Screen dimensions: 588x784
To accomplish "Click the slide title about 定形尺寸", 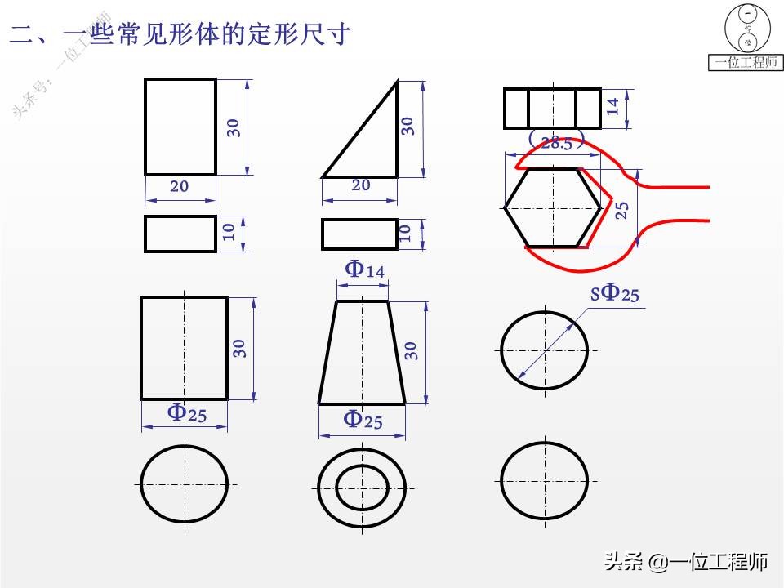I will click(180, 34).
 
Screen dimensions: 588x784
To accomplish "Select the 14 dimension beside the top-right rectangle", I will click(613, 107).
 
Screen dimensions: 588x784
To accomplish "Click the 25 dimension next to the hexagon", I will click(621, 209).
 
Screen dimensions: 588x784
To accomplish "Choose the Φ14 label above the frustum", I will click(364, 269).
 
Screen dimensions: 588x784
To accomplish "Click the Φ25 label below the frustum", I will click(363, 421).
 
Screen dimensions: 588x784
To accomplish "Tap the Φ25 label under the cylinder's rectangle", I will click(187, 413).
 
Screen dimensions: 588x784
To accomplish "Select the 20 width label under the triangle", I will click(360, 185).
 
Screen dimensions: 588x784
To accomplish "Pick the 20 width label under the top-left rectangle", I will click(179, 186).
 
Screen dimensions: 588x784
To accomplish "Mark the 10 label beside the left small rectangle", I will click(229, 233).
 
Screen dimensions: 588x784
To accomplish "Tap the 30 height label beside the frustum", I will click(411, 350).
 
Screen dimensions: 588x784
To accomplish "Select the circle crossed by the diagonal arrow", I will click(543, 348).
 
